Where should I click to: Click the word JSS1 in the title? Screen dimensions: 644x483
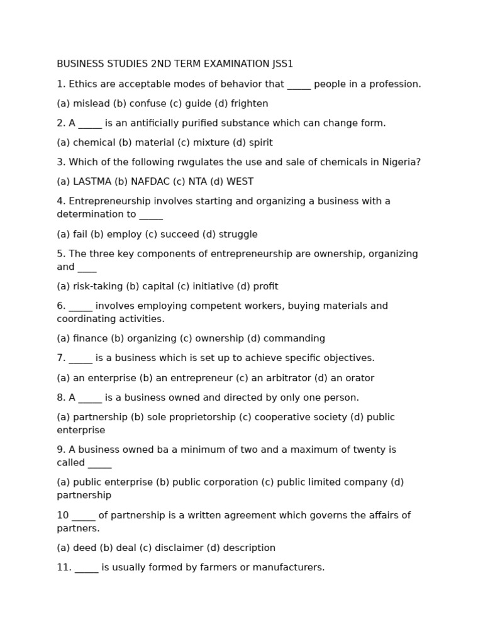coord(282,64)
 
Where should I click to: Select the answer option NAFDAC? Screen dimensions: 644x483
coord(149,182)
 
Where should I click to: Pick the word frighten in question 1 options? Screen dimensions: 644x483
coord(249,104)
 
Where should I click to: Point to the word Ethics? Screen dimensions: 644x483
coord(84,84)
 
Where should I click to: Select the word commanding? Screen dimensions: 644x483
coord(294,338)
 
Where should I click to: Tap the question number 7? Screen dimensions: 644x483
coord(61,358)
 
